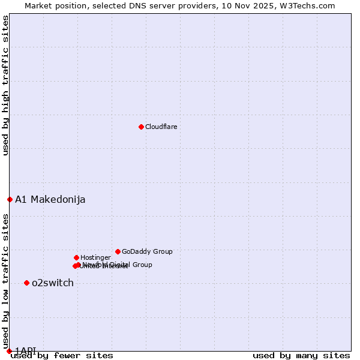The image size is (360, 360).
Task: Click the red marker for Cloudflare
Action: [x=141, y=127]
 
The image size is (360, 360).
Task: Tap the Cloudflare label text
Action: [x=161, y=127]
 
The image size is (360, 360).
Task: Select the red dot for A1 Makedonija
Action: [x=10, y=199]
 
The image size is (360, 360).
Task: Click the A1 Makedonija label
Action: [x=50, y=199]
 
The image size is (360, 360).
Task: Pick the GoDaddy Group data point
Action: [x=118, y=251]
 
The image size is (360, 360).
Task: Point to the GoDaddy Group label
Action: [x=147, y=251]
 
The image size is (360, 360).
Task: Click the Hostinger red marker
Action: [x=76, y=257]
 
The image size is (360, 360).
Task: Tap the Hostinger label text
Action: [x=95, y=257]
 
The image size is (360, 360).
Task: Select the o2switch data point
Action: [x=26, y=283]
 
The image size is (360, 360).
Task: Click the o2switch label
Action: [x=53, y=283]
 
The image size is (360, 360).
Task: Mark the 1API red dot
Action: [x=9, y=351]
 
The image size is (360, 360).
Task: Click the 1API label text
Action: [x=26, y=350]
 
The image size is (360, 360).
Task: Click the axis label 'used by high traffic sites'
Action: [x=5, y=85]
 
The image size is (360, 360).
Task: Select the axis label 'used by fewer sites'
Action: [x=62, y=355]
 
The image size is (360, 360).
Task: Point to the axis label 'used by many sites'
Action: [x=301, y=355]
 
